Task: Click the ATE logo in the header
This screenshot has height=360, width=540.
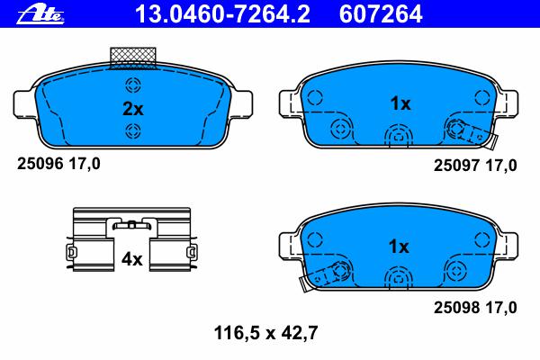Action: (x=40, y=14)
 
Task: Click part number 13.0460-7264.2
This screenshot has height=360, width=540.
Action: (x=223, y=14)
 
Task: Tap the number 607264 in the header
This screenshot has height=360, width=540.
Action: (x=381, y=14)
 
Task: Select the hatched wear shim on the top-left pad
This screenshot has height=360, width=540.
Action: (x=133, y=58)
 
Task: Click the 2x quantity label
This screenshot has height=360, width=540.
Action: (x=133, y=109)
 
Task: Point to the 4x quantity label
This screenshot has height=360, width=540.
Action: (x=131, y=259)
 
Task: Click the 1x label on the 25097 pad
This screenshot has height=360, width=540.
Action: (x=400, y=103)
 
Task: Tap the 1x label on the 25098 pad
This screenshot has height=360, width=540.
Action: (x=399, y=247)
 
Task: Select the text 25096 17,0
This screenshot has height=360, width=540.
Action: (x=58, y=164)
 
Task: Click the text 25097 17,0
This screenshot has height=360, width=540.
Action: (x=475, y=166)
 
